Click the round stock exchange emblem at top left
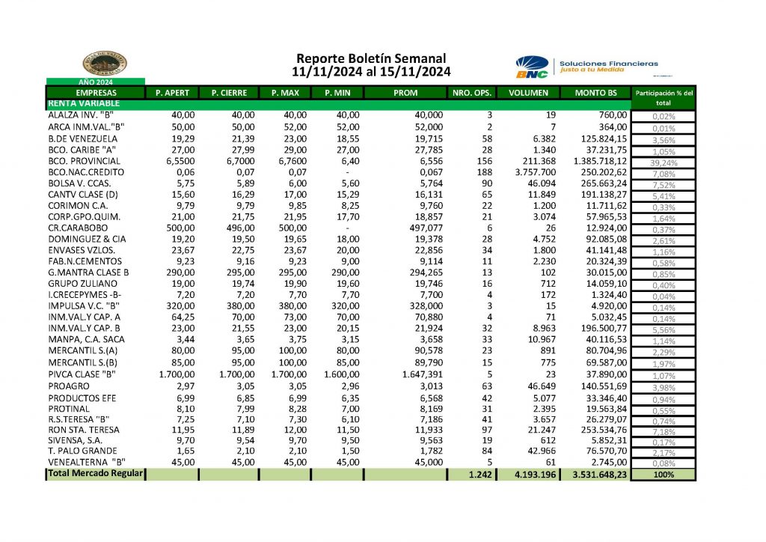[x=104, y=64]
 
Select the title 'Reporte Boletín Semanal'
[x=371, y=58]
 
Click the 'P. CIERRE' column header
[x=227, y=93]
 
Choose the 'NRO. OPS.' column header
[x=472, y=93]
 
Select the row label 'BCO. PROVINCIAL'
[x=84, y=160]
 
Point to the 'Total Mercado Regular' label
[x=94, y=474]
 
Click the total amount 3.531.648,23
[x=596, y=474]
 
